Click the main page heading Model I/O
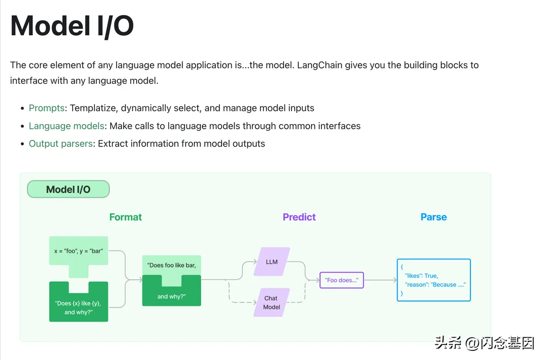(x=72, y=26)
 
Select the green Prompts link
(x=46, y=108)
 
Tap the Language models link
(x=67, y=126)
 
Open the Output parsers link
(x=61, y=143)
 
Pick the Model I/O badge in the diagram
(x=68, y=189)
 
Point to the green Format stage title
(x=126, y=217)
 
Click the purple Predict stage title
(x=299, y=217)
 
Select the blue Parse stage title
(x=433, y=217)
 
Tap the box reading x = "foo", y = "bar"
(x=79, y=250)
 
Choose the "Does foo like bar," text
(x=172, y=265)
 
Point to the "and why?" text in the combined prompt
(x=172, y=296)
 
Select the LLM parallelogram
(x=271, y=262)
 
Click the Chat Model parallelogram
(x=271, y=302)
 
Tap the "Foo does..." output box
(x=342, y=280)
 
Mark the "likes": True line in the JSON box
(x=421, y=276)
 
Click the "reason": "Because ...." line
(x=435, y=285)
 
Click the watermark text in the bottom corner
(x=484, y=343)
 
